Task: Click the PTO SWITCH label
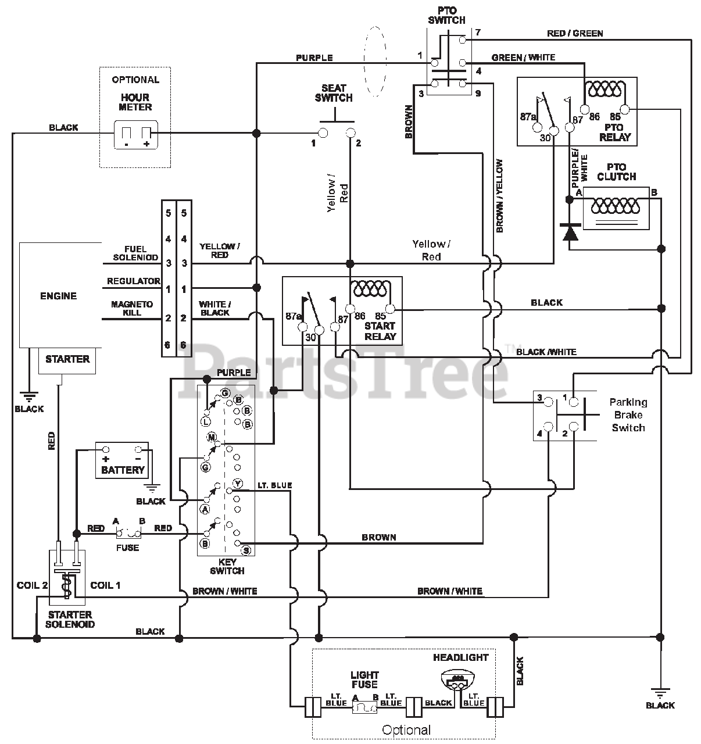click(x=446, y=15)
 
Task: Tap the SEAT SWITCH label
click(x=334, y=93)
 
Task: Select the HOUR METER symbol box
click(x=135, y=135)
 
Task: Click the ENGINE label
click(x=59, y=296)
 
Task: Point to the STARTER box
click(x=67, y=361)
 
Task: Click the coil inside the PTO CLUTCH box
click(x=615, y=206)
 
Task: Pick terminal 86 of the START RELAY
click(x=349, y=309)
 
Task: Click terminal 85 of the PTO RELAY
click(x=625, y=109)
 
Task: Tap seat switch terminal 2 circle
click(x=350, y=133)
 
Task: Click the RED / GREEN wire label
click(x=575, y=33)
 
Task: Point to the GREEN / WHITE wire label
click(x=523, y=58)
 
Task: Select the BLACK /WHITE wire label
click(x=546, y=352)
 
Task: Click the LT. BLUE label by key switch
click(x=274, y=485)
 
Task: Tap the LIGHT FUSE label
click(x=364, y=679)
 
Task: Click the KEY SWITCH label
click(x=227, y=567)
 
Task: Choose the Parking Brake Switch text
click(x=628, y=414)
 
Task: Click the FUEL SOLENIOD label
click(x=135, y=253)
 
